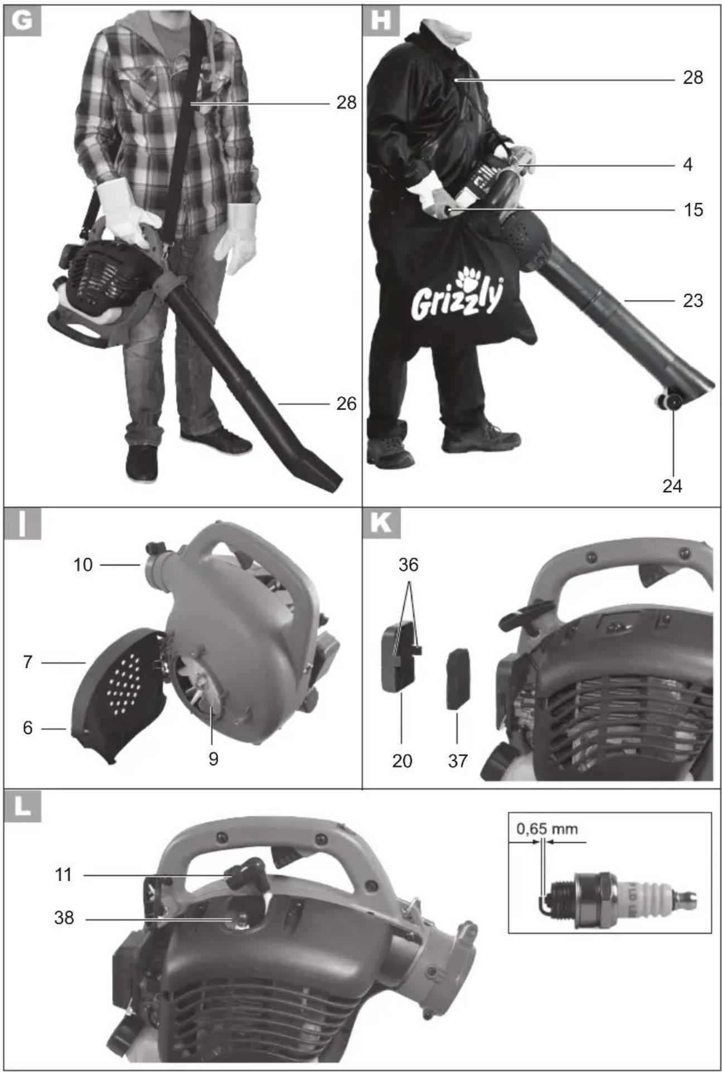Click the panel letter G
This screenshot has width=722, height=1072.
[22, 21]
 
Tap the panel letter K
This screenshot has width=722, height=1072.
[381, 523]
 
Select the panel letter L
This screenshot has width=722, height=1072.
[22, 806]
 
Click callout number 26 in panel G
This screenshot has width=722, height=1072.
[346, 404]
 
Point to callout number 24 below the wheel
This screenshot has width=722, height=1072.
[672, 486]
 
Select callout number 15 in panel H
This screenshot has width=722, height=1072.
[693, 210]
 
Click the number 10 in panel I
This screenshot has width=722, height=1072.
[83, 565]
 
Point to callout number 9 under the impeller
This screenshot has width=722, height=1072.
[213, 759]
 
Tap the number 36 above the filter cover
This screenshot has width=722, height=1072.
[408, 565]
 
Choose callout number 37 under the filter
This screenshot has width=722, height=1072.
[457, 761]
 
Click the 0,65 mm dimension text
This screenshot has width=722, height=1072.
[547, 829]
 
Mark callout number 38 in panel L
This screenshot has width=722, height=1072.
[64, 918]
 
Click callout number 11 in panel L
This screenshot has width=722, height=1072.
[64, 875]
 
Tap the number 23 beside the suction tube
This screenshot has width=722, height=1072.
[693, 301]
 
